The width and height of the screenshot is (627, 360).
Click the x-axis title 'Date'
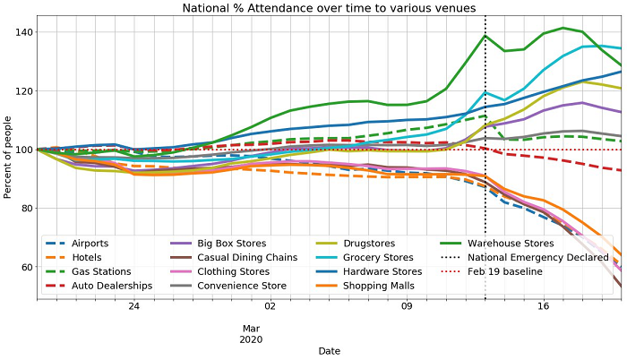pos(329,351)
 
